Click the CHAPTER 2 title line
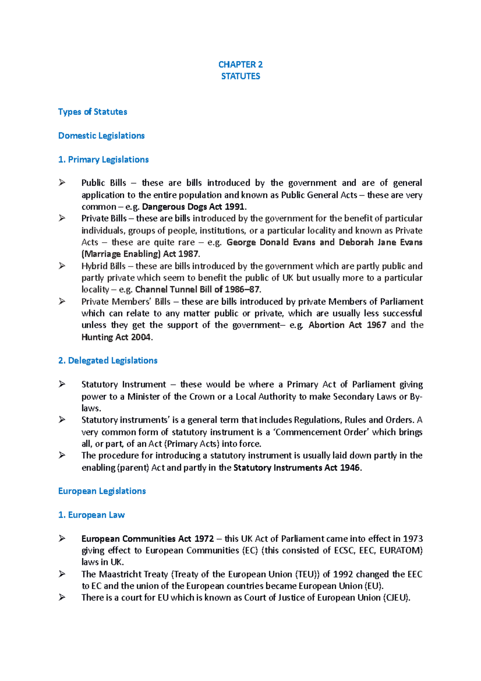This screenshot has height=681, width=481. point(240,65)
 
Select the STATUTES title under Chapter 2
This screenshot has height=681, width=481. point(240,76)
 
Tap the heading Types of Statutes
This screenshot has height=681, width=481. point(93,112)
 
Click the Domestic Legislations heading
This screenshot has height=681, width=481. point(101,136)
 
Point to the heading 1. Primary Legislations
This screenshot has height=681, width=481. point(103,160)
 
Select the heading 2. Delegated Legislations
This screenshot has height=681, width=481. point(108,361)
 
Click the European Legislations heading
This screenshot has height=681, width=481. point(102,491)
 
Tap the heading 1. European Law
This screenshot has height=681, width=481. point(91,515)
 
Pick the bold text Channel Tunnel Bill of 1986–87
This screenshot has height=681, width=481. point(198,290)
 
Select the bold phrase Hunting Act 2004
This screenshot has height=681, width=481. point(116,337)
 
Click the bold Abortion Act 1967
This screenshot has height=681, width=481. point(347,325)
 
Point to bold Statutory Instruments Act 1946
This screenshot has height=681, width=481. point(297,468)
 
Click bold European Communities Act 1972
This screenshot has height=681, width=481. point(148,539)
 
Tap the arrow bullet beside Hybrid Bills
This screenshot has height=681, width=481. point(62,266)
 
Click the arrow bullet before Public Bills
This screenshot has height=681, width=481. point(62,183)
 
